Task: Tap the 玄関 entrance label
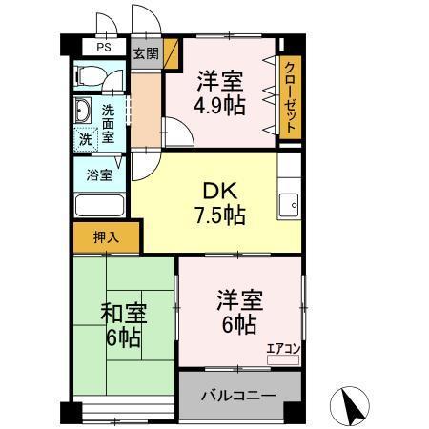[x=145, y=53]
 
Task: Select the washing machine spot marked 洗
[x=86, y=137]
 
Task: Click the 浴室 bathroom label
[x=99, y=174]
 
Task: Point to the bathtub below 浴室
[x=99, y=205]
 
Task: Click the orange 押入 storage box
[x=106, y=236]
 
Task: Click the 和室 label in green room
[x=122, y=312]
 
